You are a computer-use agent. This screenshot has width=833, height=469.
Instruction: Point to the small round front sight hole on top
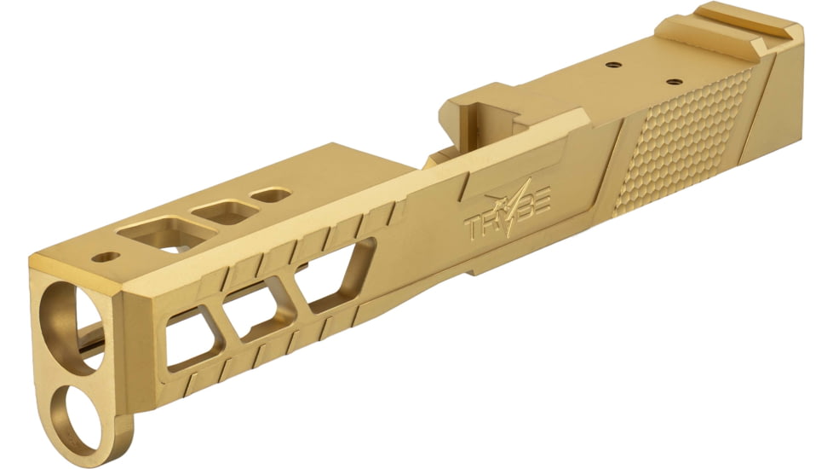[x=106, y=256]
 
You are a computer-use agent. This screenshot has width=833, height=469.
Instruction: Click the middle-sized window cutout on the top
[x=224, y=211]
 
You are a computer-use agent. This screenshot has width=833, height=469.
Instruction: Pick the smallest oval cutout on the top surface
[x=271, y=195]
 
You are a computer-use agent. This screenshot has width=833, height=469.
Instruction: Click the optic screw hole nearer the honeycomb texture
[x=673, y=82]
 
